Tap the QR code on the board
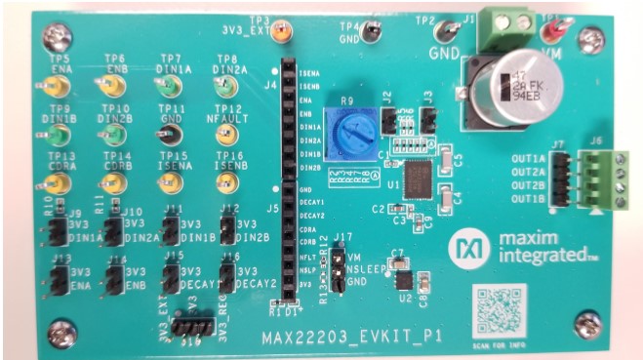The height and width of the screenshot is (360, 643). [x=499, y=308]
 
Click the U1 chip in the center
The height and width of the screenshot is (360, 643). [x=418, y=179]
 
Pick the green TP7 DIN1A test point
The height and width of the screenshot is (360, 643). [x=165, y=87]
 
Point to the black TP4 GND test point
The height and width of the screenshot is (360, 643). [x=371, y=32]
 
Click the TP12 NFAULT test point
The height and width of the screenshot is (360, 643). [x=226, y=135]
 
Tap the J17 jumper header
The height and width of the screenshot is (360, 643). [x=336, y=267]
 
